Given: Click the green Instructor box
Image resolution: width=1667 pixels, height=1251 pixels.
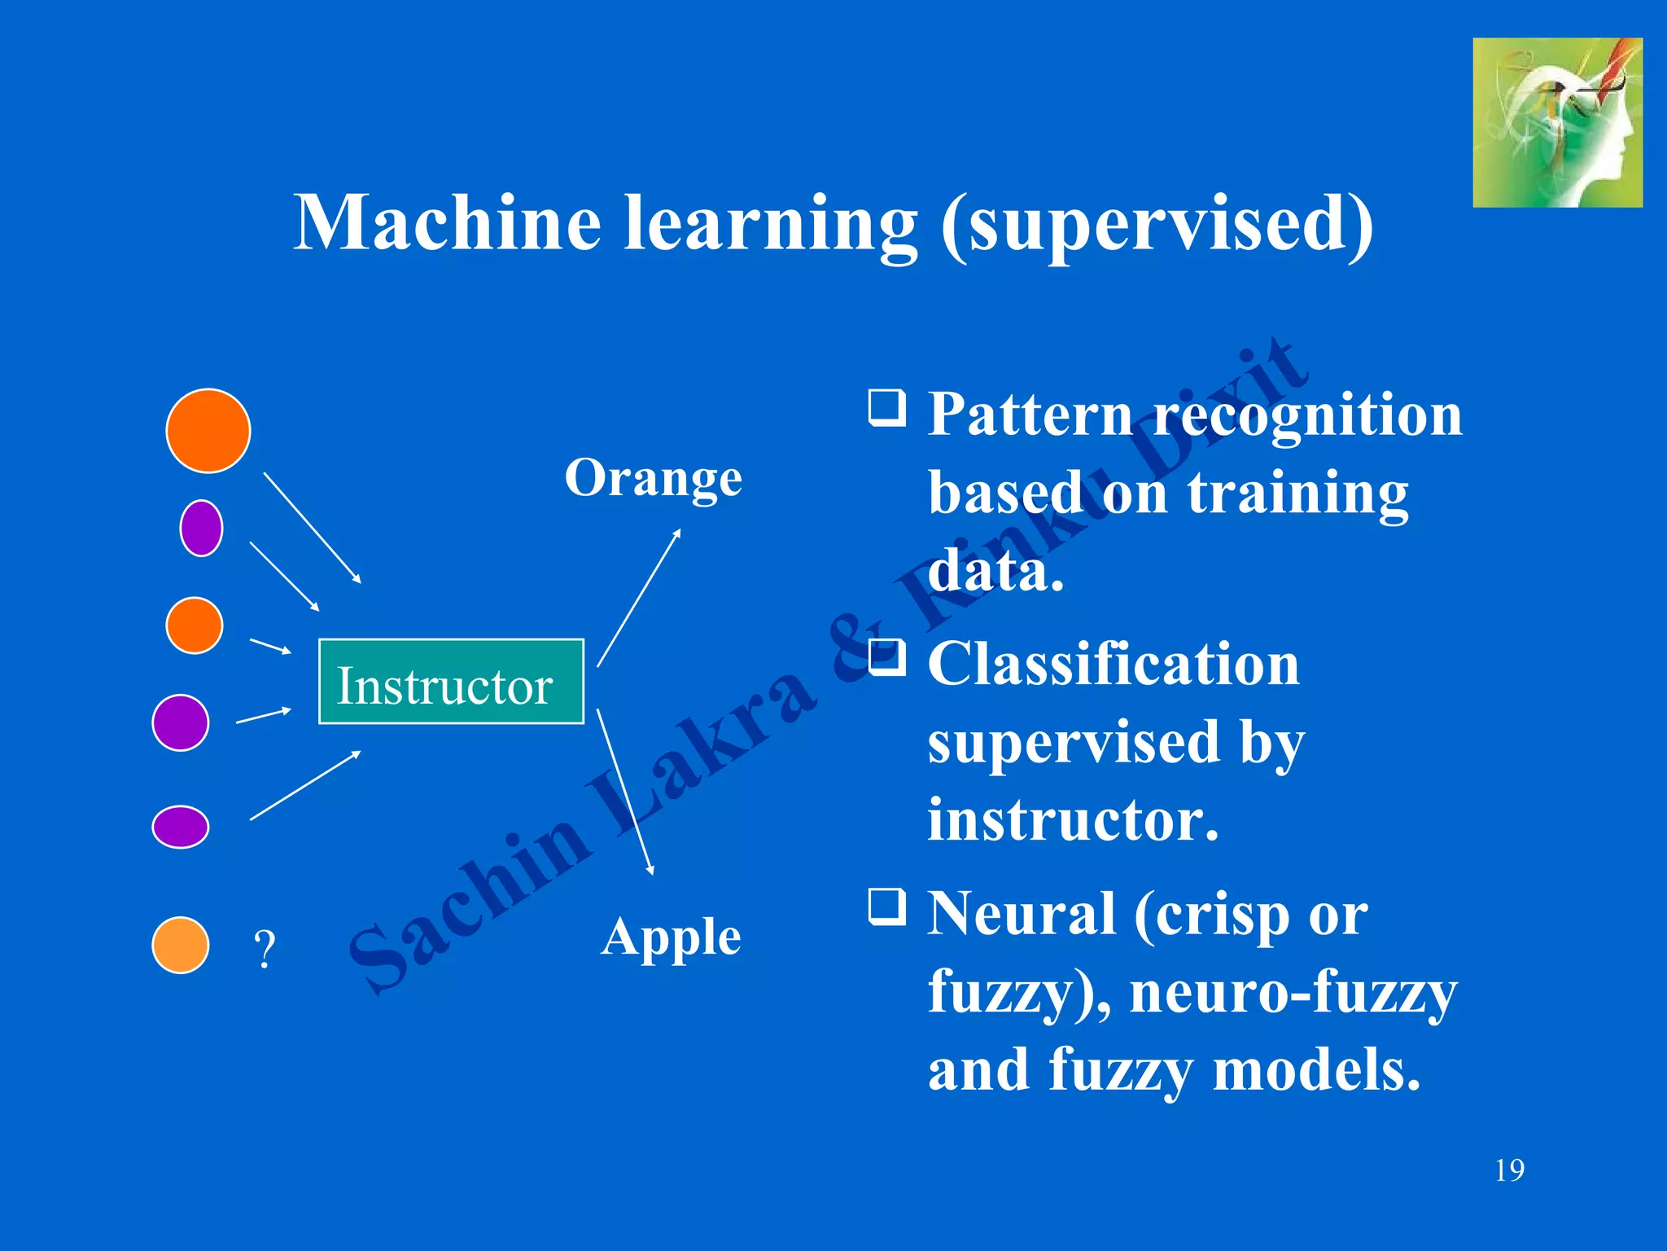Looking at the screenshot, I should [x=450, y=682].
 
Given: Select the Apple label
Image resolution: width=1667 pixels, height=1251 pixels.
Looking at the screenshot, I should [x=671, y=937].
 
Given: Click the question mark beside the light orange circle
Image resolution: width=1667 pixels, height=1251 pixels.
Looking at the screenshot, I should [x=265, y=949].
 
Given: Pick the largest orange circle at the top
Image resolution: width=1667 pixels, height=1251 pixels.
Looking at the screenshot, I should [x=208, y=431].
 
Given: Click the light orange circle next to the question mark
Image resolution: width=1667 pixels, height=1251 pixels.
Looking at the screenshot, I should [x=181, y=945].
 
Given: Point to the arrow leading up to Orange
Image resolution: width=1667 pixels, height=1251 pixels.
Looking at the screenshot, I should [x=639, y=598].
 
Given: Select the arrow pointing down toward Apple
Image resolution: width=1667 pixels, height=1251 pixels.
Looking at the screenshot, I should [x=624, y=790].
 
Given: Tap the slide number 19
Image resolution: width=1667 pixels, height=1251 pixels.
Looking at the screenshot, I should [x=1509, y=1170].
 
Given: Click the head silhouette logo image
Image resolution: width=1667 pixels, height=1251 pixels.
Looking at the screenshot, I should [x=1557, y=122].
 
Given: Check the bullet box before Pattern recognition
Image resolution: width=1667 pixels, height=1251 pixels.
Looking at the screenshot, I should [x=886, y=407].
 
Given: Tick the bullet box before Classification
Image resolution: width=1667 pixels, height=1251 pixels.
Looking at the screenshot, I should [x=886, y=657].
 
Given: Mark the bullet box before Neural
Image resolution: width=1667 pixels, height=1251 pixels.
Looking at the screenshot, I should [x=886, y=906].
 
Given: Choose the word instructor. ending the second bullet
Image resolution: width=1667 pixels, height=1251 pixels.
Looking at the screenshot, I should [x=1073, y=819].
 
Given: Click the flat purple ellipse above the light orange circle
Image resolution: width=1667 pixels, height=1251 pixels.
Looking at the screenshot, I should [x=181, y=827].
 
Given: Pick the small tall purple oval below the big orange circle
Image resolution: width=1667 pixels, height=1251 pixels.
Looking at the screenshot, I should [x=201, y=528].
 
